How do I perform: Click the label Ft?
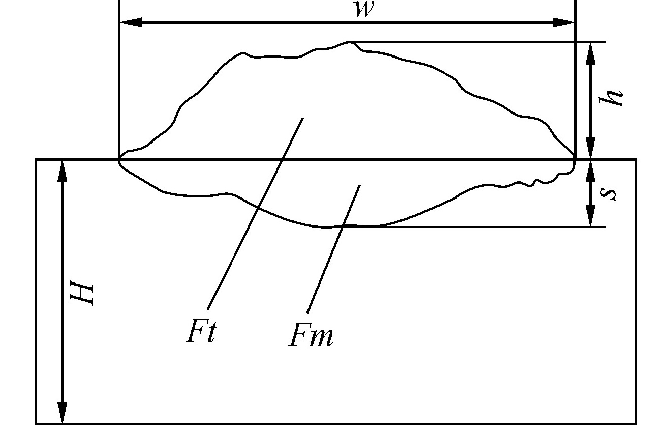[202, 331]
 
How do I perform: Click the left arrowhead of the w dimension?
[130, 22]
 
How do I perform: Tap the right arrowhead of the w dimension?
[564, 22]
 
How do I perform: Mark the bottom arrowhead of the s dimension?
[590, 217]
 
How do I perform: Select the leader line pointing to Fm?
[333, 249]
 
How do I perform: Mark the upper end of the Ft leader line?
[303, 118]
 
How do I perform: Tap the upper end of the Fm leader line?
[359, 186]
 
